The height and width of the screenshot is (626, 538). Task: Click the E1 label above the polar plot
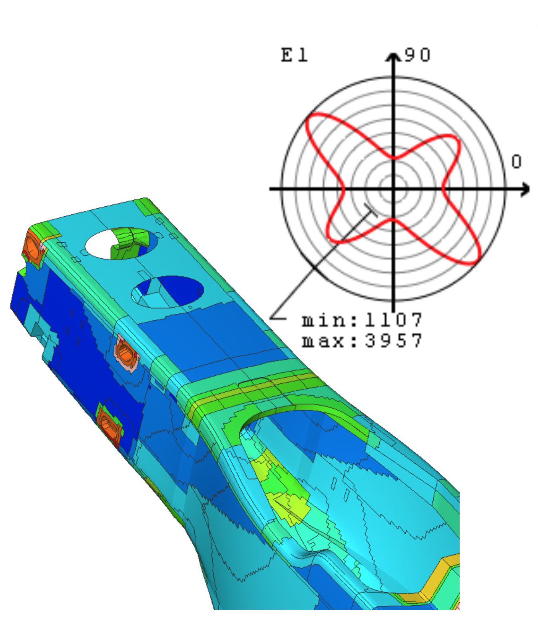coord(294,55)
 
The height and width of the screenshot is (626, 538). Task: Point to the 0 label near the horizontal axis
coord(516,162)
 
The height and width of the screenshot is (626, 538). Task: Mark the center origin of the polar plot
coord(394,189)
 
